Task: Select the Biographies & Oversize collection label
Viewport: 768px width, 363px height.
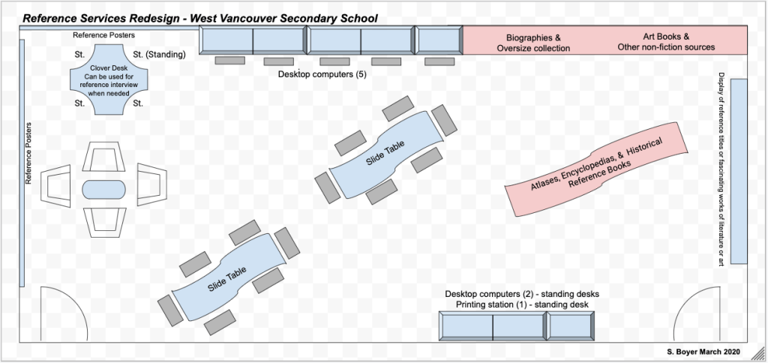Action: (x=533, y=42)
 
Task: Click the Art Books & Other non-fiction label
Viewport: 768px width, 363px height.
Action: (x=666, y=41)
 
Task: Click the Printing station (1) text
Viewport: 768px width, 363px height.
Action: (x=521, y=304)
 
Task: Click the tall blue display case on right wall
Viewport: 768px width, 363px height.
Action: (x=739, y=170)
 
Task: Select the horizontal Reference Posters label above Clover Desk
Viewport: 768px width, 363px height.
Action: (x=103, y=35)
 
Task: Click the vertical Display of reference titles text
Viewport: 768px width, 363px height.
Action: (x=721, y=169)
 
